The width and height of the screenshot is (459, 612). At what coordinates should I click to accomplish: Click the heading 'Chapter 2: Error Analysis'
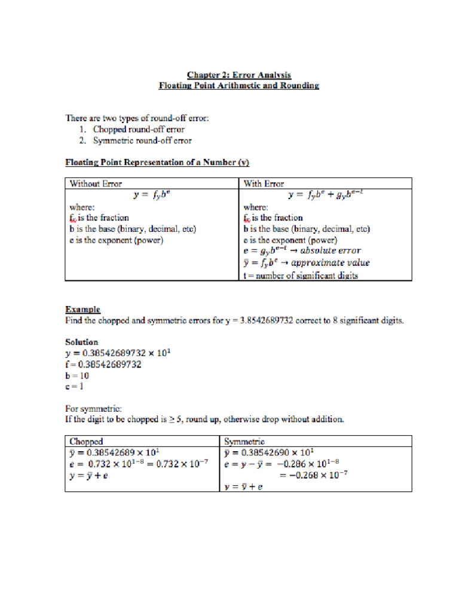tap(238, 75)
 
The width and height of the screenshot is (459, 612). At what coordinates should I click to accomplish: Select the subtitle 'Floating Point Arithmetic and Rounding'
tap(238, 85)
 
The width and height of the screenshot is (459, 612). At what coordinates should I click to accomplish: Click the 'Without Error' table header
tap(96, 183)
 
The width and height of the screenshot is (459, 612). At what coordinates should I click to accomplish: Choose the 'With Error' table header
tap(264, 183)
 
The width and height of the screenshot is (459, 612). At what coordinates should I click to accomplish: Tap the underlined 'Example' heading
tap(82, 309)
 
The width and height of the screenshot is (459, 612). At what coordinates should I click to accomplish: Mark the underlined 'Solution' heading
tap(81, 342)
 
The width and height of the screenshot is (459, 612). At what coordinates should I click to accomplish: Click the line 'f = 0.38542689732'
tap(103, 365)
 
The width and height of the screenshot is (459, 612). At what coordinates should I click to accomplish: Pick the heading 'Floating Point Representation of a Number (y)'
tap(157, 163)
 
